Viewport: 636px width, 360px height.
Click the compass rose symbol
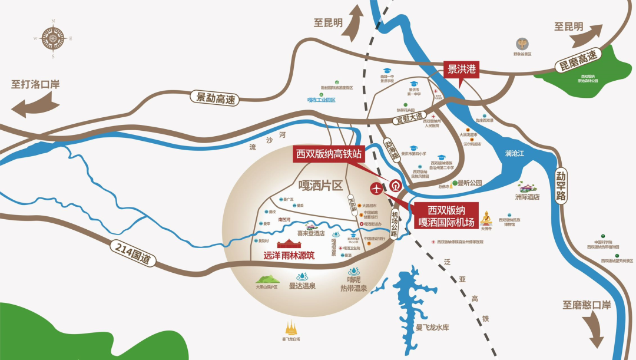tap(52, 39)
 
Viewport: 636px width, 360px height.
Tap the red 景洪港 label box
tap(461, 70)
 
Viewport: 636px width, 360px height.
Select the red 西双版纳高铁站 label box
tap(329, 155)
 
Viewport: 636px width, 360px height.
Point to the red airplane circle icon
tap(376, 189)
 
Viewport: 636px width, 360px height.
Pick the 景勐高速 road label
tap(213, 98)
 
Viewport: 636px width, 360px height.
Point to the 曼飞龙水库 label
tap(432, 328)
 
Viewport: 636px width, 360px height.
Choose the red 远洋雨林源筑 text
tap(289, 256)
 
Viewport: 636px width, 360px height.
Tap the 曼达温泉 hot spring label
tap(302, 287)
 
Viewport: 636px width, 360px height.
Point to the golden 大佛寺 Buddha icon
tap(486, 216)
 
